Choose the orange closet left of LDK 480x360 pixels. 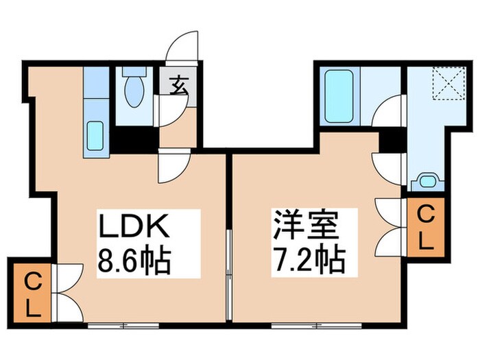[x=30, y=291]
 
